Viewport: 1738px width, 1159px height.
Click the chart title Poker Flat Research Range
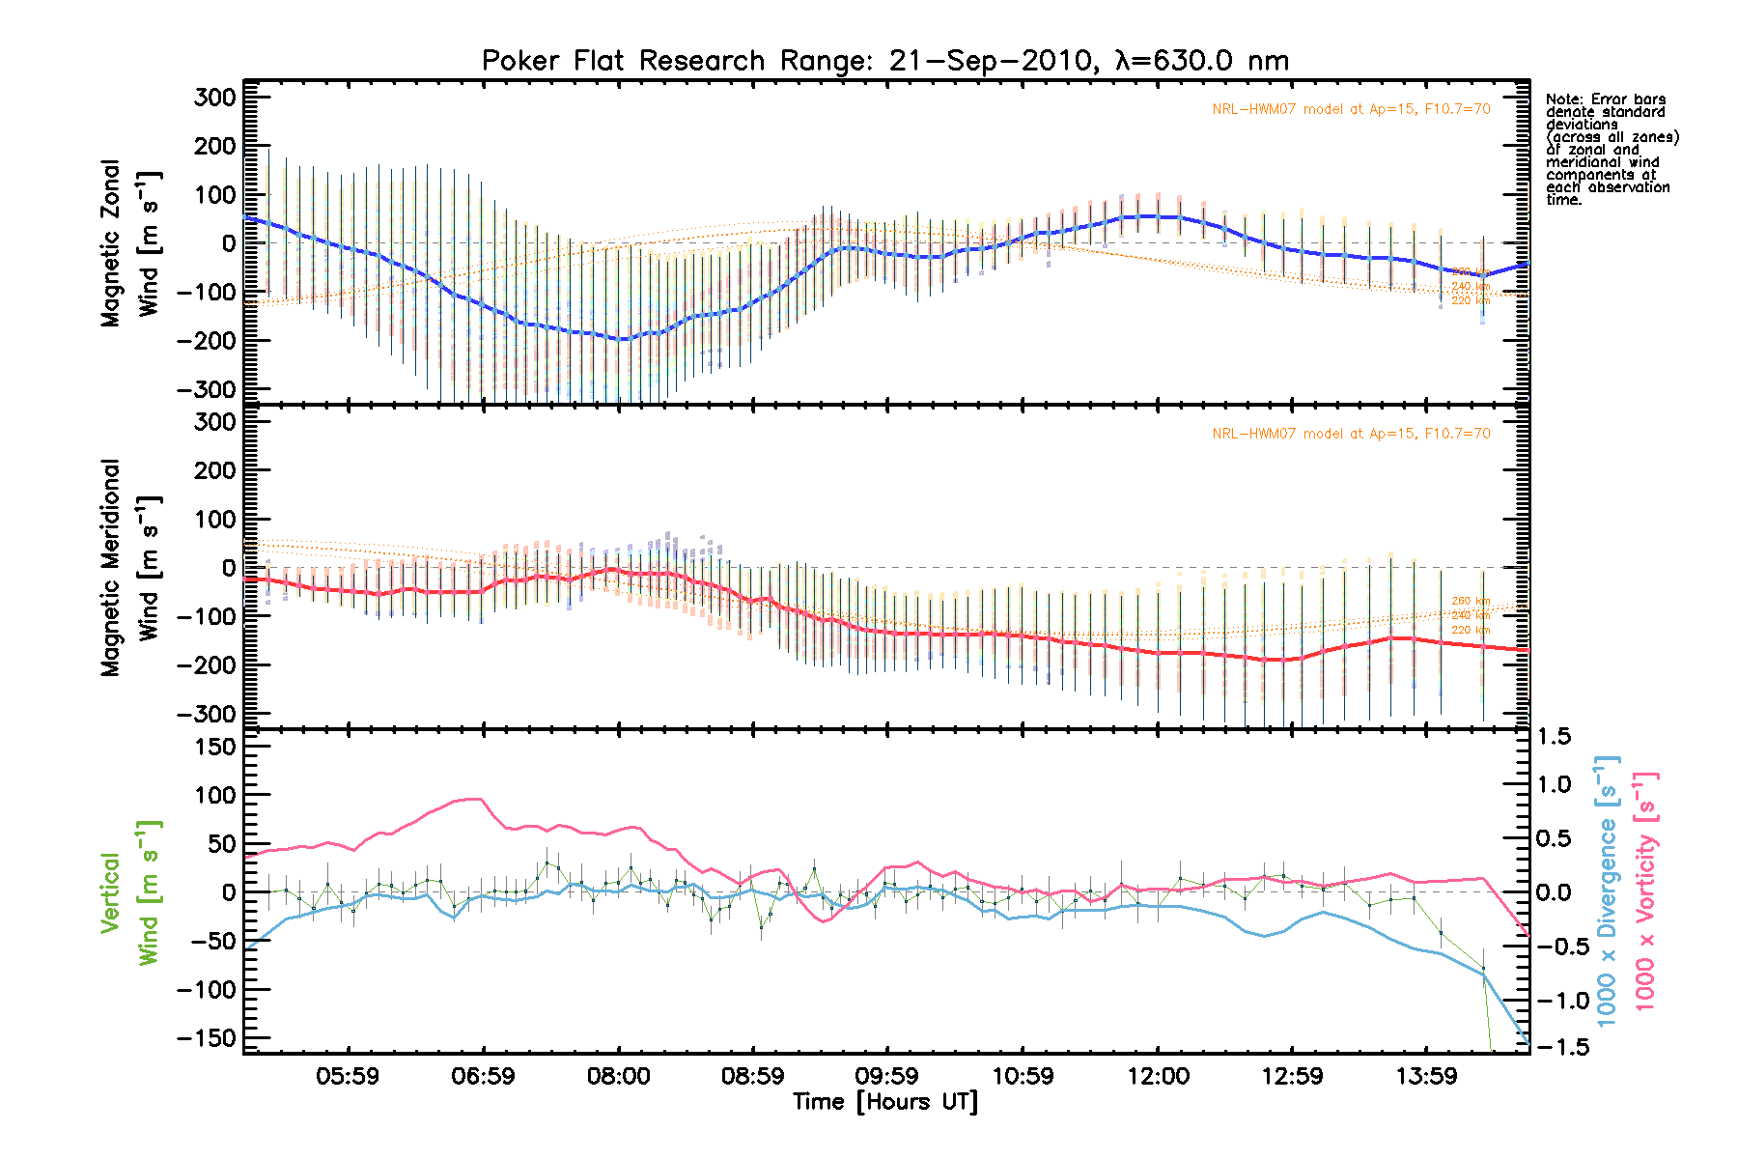click(x=884, y=61)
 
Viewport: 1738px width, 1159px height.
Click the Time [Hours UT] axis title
click(x=884, y=1102)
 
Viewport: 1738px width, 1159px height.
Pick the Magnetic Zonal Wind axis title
click(x=130, y=243)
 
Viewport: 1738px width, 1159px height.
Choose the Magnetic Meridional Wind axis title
click(x=130, y=568)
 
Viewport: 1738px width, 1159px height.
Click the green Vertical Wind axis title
click(x=130, y=892)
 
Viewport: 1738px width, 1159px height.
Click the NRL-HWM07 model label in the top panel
click(x=1351, y=109)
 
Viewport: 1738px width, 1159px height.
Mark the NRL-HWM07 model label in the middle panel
click(x=1351, y=434)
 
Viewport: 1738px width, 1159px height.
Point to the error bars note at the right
click(x=1612, y=150)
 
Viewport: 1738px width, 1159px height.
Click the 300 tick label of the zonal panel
click(x=215, y=98)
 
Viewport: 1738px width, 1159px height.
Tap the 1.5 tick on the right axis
click(x=1555, y=737)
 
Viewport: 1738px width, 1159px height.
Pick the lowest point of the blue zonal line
click(x=623, y=339)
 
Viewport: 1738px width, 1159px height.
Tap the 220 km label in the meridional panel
click(x=1471, y=631)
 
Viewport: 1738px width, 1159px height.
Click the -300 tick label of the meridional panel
click(x=207, y=714)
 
